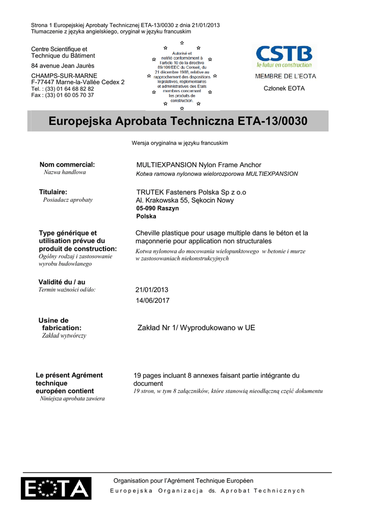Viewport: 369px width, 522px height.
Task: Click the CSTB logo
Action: (x=284, y=57)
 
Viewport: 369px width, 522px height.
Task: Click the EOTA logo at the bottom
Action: (x=56, y=488)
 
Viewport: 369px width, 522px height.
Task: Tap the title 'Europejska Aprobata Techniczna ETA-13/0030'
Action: (x=178, y=121)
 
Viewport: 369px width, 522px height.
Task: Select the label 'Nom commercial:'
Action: (x=67, y=164)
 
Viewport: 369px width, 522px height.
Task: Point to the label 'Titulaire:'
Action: (x=53, y=192)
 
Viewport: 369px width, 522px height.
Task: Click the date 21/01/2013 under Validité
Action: (x=151, y=290)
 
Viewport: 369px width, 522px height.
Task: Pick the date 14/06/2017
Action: (x=152, y=300)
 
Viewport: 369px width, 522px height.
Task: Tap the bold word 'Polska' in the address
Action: (x=146, y=216)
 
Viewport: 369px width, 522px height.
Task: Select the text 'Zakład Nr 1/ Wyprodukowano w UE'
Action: (x=196, y=328)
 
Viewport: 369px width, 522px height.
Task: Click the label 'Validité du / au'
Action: (x=62, y=282)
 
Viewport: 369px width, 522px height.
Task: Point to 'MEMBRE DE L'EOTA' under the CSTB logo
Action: (x=285, y=76)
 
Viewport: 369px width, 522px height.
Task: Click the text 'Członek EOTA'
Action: (x=284, y=88)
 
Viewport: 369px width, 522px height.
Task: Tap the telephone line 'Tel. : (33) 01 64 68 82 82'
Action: (x=63, y=89)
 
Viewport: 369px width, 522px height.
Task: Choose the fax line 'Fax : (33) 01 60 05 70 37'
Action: (x=63, y=95)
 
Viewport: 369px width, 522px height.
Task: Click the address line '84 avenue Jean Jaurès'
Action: (x=63, y=66)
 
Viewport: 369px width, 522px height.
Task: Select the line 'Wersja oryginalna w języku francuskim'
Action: (x=180, y=143)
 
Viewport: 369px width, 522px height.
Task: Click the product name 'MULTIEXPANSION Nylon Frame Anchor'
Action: (x=199, y=165)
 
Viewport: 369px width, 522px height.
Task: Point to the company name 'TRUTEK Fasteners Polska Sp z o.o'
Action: (x=191, y=192)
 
